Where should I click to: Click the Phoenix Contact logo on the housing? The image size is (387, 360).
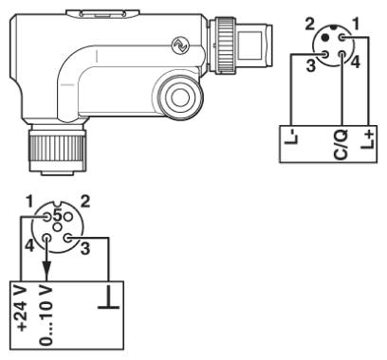179,45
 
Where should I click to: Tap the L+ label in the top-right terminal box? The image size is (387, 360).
368,139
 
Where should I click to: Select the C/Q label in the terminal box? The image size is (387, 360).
341,144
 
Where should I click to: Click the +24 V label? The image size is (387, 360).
22,309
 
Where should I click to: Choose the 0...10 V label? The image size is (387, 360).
46,315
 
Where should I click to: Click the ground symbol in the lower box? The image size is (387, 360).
109,297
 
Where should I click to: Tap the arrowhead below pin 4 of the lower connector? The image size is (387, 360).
46,269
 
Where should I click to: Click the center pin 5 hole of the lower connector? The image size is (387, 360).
58,226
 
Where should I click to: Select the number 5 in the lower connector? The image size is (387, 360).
57,216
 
